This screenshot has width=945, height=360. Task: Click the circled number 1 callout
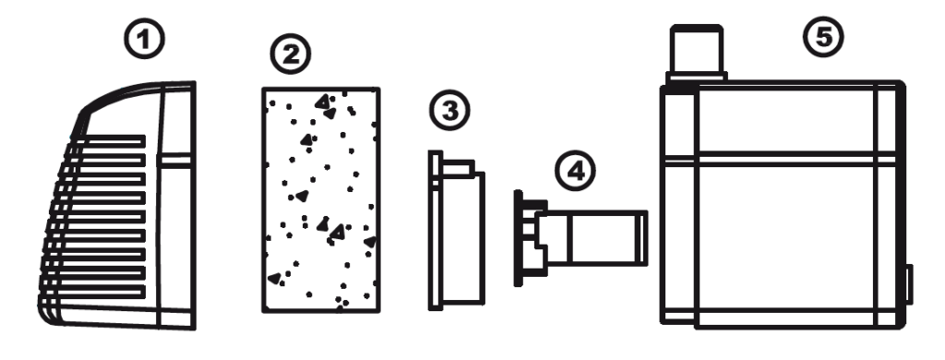click(x=144, y=40)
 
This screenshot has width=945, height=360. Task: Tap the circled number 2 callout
click(x=291, y=54)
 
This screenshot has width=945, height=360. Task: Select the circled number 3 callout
click(x=449, y=111)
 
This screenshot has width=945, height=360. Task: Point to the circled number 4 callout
click(x=575, y=171)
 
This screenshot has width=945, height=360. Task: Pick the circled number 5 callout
click(x=823, y=38)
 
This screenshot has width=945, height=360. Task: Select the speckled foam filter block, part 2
click(x=320, y=199)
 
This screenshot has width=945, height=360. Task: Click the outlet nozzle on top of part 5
click(x=696, y=53)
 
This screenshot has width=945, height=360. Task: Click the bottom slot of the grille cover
click(x=93, y=293)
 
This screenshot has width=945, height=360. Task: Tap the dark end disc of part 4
click(x=519, y=238)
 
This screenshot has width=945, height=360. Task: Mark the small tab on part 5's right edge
click(x=909, y=284)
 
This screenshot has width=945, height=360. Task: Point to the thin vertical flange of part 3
click(x=436, y=231)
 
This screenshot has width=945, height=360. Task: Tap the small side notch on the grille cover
click(x=174, y=160)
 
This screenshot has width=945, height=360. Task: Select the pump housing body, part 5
click(x=783, y=205)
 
